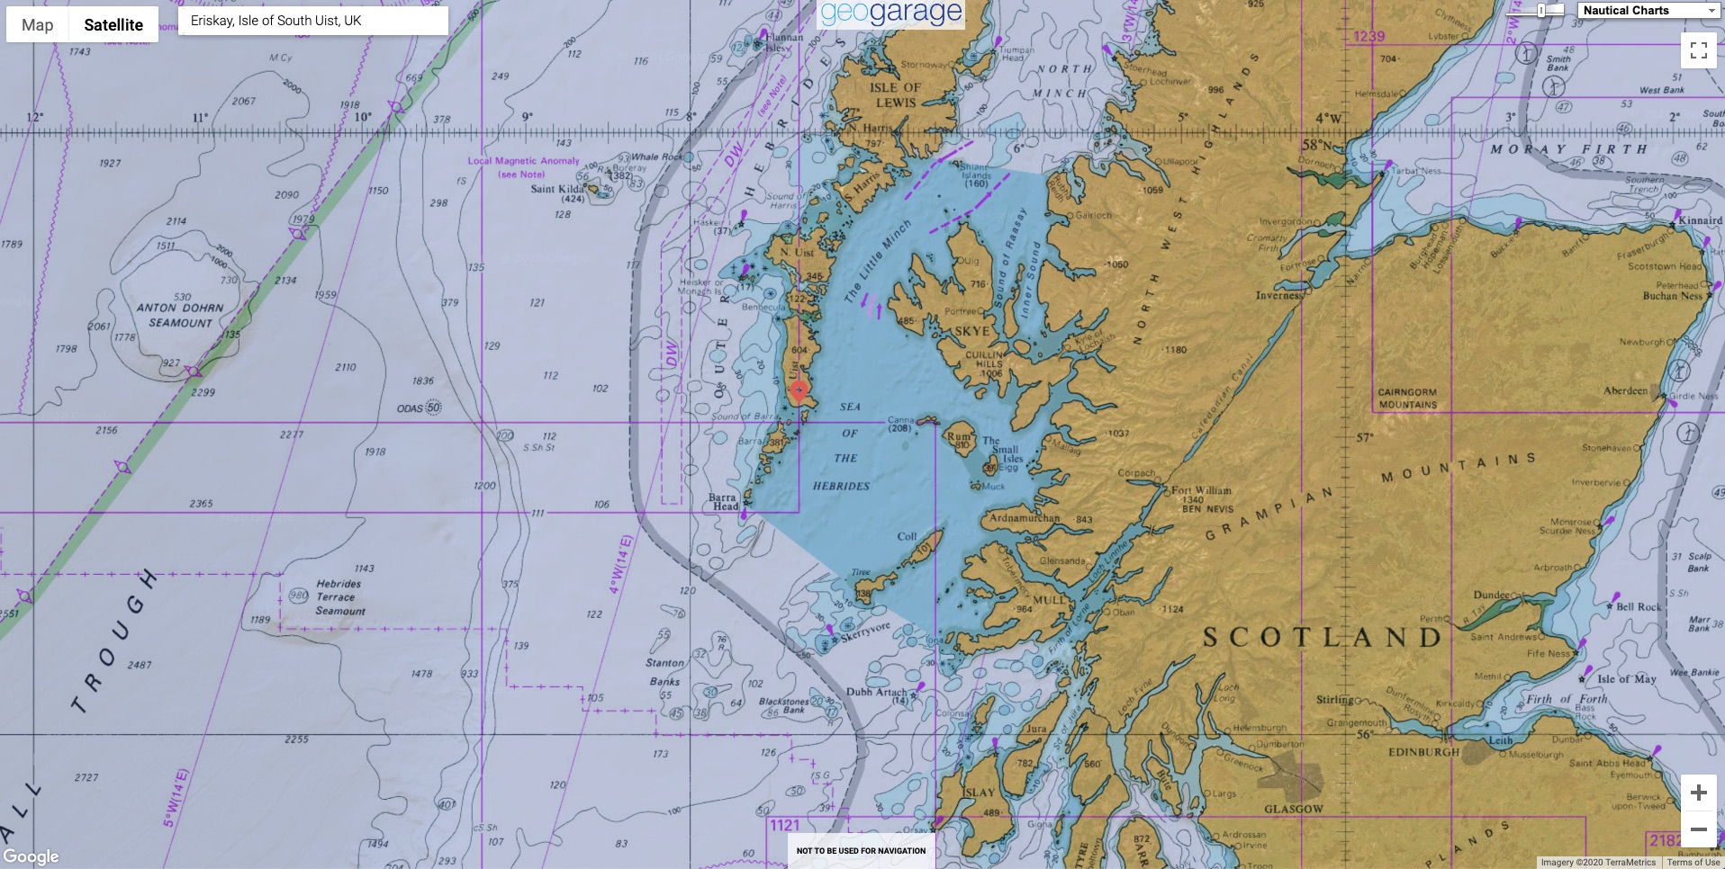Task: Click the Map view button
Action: pyautogui.click(x=38, y=25)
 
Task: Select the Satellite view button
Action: pyautogui.click(x=113, y=25)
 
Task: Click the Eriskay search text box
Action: pyautogui.click(x=312, y=21)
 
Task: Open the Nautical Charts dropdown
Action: pyautogui.click(x=1648, y=11)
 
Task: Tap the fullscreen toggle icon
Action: pyautogui.click(x=1698, y=50)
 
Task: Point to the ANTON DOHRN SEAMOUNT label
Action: pyautogui.click(x=180, y=315)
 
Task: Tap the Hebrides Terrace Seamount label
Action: pyautogui.click(x=339, y=597)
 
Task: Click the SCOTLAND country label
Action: pyautogui.click(x=1322, y=638)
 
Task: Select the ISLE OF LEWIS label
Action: pyautogui.click(x=895, y=95)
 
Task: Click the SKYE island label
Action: pyautogui.click(x=971, y=331)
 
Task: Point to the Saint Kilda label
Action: pyautogui.click(x=557, y=190)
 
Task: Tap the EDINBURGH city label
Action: pyautogui.click(x=1423, y=752)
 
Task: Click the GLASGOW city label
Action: pyautogui.click(x=1293, y=809)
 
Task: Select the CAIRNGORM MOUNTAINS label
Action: pyautogui.click(x=1407, y=399)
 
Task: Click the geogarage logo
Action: pyautogui.click(x=890, y=13)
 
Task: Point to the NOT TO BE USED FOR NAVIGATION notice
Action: pyautogui.click(x=861, y=850)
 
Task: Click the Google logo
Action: pyautogui.click(x=31, y=856)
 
